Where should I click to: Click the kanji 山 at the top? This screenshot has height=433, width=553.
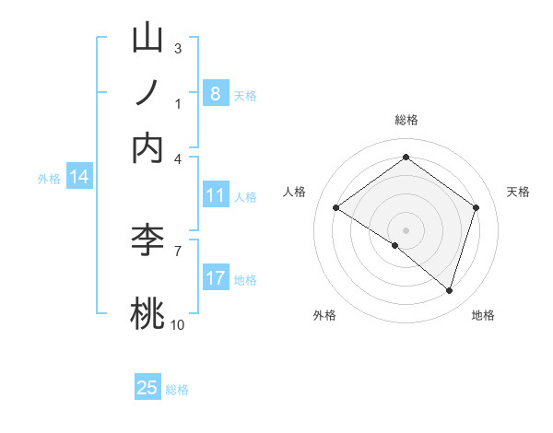pos(148,39)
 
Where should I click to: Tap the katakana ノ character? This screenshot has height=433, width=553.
pos(148,94)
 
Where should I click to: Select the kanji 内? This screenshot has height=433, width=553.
pos(148,149)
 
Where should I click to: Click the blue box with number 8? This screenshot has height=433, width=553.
pos(215,94)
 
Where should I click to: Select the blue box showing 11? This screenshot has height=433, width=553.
pos(215,195)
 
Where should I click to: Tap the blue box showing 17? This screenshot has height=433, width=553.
pos(215,277)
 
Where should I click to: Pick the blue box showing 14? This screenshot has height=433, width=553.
pos(78,177)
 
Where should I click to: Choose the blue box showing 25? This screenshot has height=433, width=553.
pos(147,388)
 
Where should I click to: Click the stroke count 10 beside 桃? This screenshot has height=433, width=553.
pos(177,324)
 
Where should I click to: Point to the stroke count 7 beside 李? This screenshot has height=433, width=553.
pos(177,250)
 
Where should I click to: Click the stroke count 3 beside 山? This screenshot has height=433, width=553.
pos(177,48)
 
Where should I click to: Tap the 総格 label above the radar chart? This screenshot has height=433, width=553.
pos(406,120)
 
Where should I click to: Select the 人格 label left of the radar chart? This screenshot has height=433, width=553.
pos(295,192)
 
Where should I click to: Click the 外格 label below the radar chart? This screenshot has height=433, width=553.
pos(324,315)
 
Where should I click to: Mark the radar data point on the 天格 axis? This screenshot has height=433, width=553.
pos(476,207)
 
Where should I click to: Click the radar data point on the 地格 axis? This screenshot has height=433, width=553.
pos(449,290)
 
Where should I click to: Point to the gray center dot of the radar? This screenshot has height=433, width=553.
pos(406,229)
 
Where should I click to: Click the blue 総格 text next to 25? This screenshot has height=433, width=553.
pos(177,390)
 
